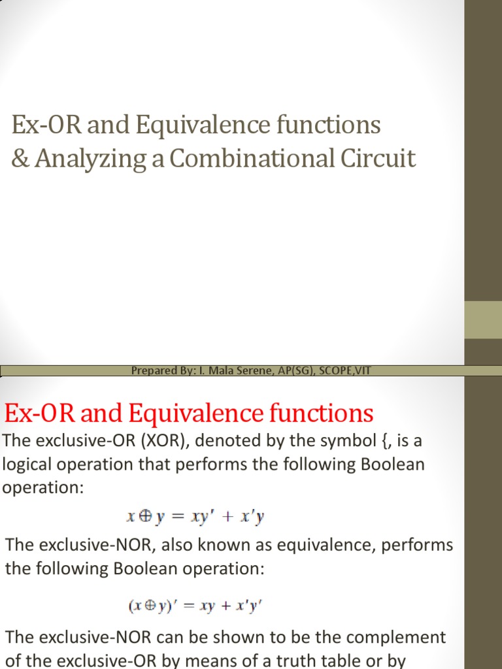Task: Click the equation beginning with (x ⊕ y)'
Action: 195,605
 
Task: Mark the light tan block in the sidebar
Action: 483,319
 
